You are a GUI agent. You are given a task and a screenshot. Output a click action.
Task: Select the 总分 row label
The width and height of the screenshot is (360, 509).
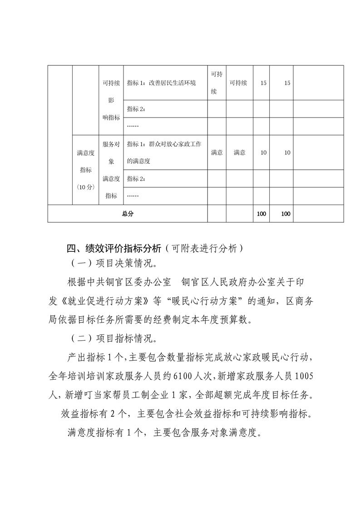point(128,214)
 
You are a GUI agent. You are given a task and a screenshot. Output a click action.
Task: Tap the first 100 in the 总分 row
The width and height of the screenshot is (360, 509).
point(261,214)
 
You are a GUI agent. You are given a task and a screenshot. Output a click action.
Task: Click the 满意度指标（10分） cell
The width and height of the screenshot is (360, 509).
point(86,170)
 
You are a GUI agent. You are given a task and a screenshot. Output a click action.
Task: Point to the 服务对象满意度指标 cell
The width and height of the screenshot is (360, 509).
point(111,170)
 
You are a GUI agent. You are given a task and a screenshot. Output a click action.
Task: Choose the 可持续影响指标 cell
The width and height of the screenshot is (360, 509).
point(111,100)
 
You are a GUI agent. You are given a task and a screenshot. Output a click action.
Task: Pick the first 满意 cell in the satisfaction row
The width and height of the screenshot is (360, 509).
point(217,153)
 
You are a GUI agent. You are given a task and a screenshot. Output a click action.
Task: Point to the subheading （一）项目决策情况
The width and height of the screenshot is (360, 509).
point(115,264)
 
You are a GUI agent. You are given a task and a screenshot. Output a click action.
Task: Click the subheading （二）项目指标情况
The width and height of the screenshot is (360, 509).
point(115,338)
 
